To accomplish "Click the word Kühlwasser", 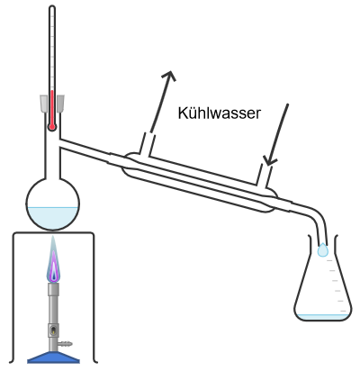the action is click(x=220, y=113).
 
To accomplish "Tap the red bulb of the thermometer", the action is click(x=52, y=127).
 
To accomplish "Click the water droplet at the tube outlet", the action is click(x=323, y=249).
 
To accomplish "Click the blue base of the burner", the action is click(x=53, y=357).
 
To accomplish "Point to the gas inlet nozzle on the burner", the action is click(x=66, y=343).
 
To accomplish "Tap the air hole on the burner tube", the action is click(x=53, y=330).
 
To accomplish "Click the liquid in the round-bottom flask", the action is click(x=53, y=218).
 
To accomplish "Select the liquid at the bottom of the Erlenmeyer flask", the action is click(x=322, y=317).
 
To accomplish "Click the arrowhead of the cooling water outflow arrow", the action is click(x=169, y=75).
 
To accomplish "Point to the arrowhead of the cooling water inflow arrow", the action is click(x=269, y=161).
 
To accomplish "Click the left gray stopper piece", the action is click(x=44, y=104).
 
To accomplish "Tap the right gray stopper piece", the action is click(x=60, y=104).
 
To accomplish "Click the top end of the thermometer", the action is click(x=52, y=6).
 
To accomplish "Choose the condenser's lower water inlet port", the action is click(x=265, y=176).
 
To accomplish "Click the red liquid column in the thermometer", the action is click(x=52, y=107).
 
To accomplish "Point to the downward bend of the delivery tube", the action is click(x=317, y=213).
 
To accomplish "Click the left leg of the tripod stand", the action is click(x=13, y=297).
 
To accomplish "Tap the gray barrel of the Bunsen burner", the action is click(x=53, y=317).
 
